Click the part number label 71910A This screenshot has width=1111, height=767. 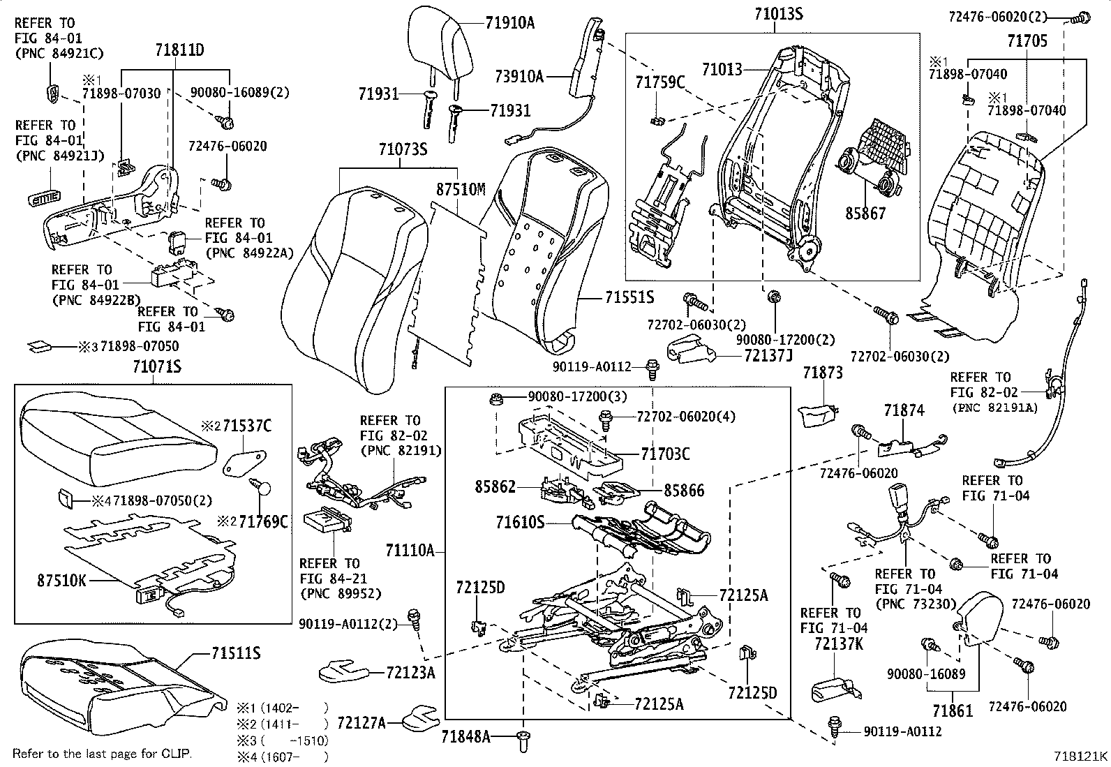pyautogui.click(x=509, y=23)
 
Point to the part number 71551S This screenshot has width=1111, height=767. pyautogui.click(x=628, y=298)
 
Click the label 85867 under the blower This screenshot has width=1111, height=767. pyautogui.click(x=865, y=214)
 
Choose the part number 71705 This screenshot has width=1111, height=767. pyautogui.click(x=1027, y=42)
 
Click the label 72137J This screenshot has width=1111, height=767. pyautogui.click(x=769, y=355)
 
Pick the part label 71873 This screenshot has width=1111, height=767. pyautogui.click(x=822, y=373)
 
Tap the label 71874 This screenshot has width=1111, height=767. pyautogui.click(x=904, y=411)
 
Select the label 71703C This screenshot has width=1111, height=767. pyautogui.click(x=665, y=454)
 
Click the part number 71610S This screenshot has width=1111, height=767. pyautogui.click(x=520, y=521)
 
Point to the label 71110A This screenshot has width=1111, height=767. pyautogui.click(x=410, y=551)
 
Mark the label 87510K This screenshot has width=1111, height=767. pyautogui.click(x=61, y=580)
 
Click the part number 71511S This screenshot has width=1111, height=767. pyautogui.click(x=236, y=653)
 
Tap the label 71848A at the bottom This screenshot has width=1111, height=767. pyautogui.click(x=465, y=736)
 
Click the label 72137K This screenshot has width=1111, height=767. pyautogui.click(x=838, y=643)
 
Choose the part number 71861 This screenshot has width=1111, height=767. pyautogui.click(x=953, y=710)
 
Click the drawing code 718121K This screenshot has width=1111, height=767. pyautogui.click(x=1080, y=756)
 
